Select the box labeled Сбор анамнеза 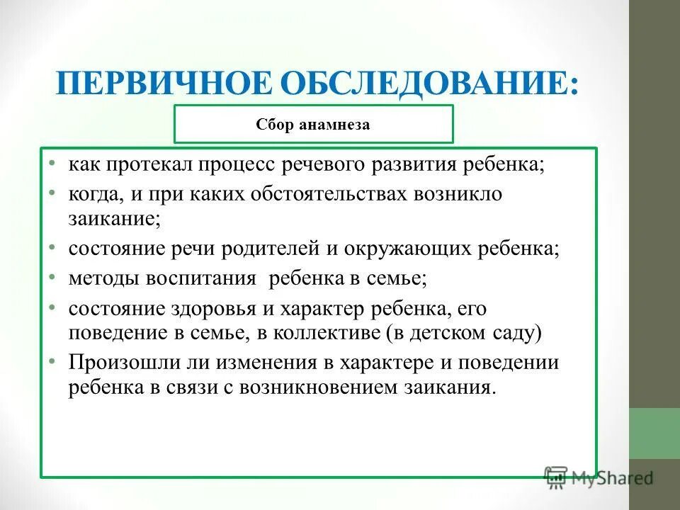313,125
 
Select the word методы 103,278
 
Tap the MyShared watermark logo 599,477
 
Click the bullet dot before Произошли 54,361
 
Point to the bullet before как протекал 54,164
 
